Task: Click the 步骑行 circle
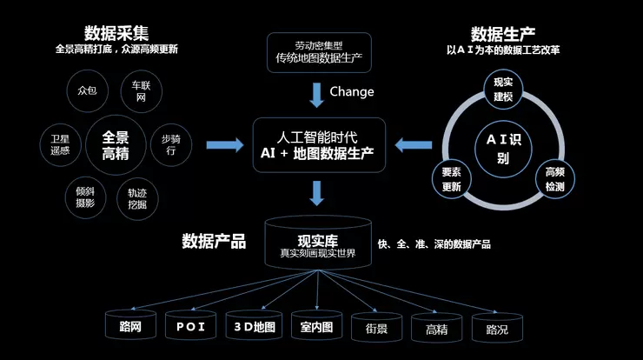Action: (x=170, y=143)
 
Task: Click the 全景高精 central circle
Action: (x=115, y=144)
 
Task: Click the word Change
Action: (x=351, y=92)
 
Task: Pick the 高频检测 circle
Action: (x=554, y=177)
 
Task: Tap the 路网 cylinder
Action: (x=129, y=328)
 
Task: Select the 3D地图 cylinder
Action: (x=254, y=328)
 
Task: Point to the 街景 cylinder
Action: (x=377, y=329)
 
